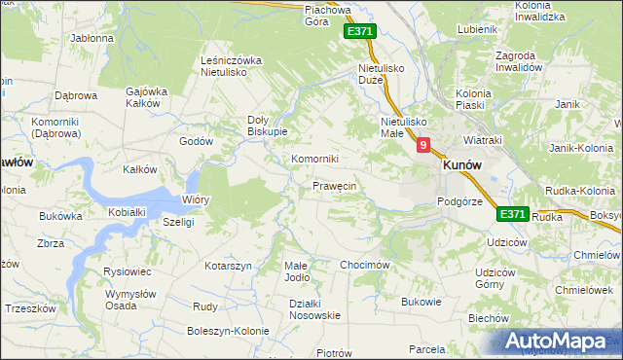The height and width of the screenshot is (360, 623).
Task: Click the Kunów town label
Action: pyautogui.click(x=464, y=165)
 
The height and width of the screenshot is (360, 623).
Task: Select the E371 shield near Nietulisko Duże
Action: pyautogui.click(x=359, y=32)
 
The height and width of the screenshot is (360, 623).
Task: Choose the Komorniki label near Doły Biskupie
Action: pyautogui.click(x=314, y=159)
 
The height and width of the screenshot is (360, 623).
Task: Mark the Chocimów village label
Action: pyautogui.click(x=365, y=265)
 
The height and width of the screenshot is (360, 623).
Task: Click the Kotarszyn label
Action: pyautogui.click(x=229, y=266)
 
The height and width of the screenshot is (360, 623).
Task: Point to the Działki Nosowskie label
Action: pyautogui.click(x=314, y=308)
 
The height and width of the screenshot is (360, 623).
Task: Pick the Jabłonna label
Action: pyautogui.click(x=92, y=39)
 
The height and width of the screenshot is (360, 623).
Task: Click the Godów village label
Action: pyautogui.click(x=196, y=141)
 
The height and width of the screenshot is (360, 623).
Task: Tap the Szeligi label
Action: pyautogui.click(x=179, y=222)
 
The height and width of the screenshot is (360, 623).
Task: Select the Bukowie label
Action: pyautogui.click(x=421, y=302)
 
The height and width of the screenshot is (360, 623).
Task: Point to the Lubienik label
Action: pyautogui.click(x=476, y=29)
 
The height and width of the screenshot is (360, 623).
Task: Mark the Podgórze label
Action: pyautogui.click(x=459, y=201)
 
